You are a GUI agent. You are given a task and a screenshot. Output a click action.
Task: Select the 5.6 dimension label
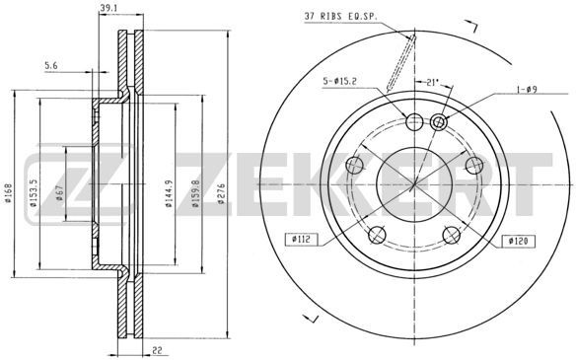coord(51,66)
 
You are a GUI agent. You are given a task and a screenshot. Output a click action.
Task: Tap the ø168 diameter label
coord(8,193)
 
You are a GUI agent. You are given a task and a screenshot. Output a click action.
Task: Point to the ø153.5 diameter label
coord(34,193)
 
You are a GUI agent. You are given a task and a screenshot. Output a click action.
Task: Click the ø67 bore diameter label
coord(60,193)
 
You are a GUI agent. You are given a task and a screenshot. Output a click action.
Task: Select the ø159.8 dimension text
coord(195,193)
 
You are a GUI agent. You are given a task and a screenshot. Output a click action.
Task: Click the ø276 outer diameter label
coord(221,193)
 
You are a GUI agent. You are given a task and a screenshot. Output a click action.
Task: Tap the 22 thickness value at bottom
coord(157,350)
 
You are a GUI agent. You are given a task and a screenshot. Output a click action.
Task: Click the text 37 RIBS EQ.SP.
coord(341,17)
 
